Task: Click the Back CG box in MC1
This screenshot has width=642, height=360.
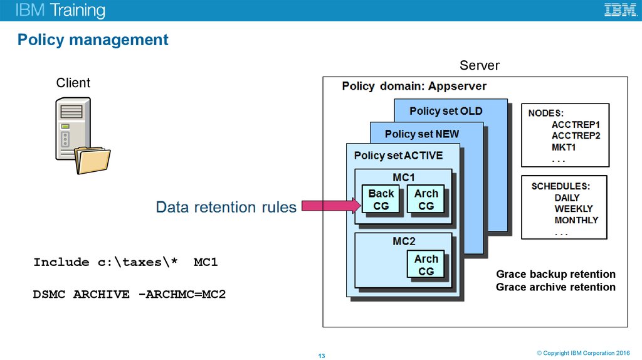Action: click(x=381, y=199)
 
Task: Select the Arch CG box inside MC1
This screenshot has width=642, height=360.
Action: click(x=426, y=199)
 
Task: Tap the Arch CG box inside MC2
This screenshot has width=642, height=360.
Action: click(x=426, y=265)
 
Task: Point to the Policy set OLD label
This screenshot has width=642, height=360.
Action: click(x=446, y=111)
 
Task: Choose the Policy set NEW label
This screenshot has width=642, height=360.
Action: click(x=421, y=134)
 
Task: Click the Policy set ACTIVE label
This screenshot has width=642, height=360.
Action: click(x=398, y=156)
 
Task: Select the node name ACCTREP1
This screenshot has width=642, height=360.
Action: click(x=576, y=125)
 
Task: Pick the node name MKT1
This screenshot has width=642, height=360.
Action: click(x=564, y=147)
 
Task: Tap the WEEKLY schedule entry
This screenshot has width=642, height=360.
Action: click(x=573, y=209)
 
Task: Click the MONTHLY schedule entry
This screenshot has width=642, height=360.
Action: click(x=576, y=220)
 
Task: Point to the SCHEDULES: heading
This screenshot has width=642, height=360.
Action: click(x=560, y=186)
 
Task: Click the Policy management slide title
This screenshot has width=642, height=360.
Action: click(x=93, y=40)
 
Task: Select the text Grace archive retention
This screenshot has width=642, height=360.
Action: click(x=555, y=287)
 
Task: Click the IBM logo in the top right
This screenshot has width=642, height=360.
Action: click(x=620, y=10)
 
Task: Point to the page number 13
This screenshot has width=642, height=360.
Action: click(x=322, y=356)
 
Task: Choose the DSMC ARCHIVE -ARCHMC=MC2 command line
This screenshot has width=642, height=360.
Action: click(x=129, y=294)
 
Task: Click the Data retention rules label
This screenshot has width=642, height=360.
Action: click(x=226, y=207)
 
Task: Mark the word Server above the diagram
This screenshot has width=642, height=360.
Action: click(x=479, y=65)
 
